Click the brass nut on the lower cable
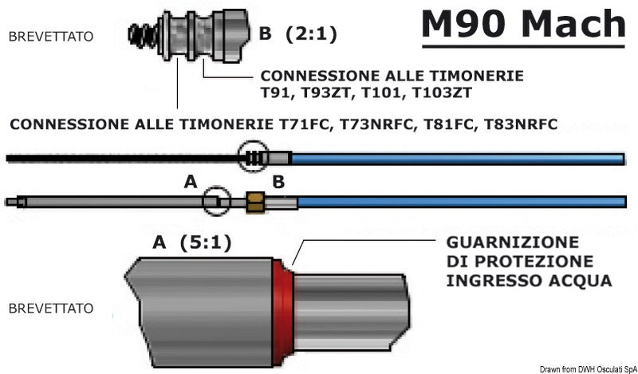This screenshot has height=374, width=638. pos(255,202)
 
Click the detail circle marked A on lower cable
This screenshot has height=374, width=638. pos(215,201)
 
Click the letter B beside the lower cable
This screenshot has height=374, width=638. pos(278,183)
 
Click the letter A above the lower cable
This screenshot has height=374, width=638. pos(189,183)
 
